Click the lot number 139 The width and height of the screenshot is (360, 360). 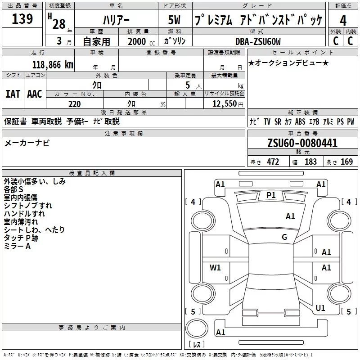(22, 19)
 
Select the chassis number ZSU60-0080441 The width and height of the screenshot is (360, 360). (302, 144)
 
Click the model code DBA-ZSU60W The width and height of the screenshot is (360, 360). (258, 41)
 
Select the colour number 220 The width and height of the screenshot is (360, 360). (74, 104)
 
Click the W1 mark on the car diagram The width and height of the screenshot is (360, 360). (216, 268)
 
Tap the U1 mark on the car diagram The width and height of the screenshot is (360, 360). (320, 308)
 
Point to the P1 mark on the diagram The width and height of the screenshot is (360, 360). (271, 195)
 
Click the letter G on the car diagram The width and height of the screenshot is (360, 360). (284, 237)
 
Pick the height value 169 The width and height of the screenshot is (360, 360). (346, 162)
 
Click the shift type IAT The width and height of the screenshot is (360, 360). (13, 94)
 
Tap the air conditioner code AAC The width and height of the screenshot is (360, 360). (35, 94)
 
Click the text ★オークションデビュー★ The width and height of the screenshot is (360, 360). (288, 63)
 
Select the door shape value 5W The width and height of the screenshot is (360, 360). (175, 20)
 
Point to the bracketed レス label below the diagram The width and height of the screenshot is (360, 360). (196, 344)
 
